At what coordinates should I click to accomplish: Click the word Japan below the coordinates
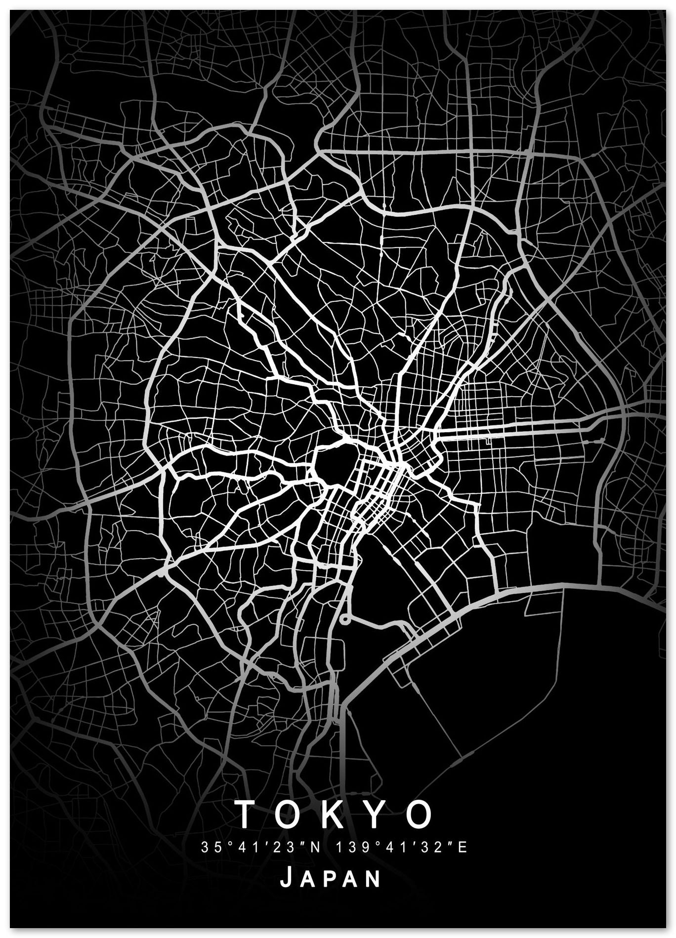click(331, 879)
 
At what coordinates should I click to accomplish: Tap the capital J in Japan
click(286, 878)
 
